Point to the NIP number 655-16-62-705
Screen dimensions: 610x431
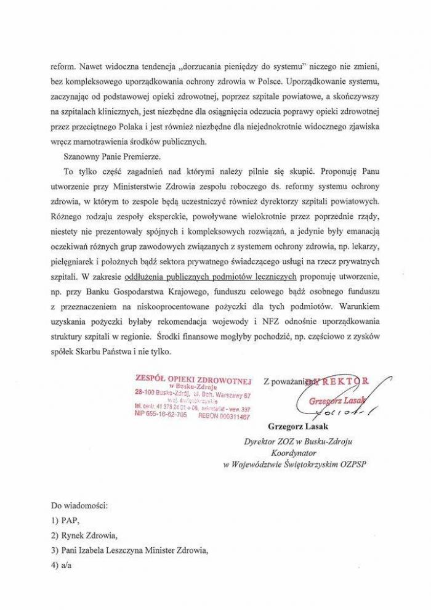pyautogui.click(x=161, y=416)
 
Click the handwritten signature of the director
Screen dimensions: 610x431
pyautogui.click(x=332, y=394)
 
